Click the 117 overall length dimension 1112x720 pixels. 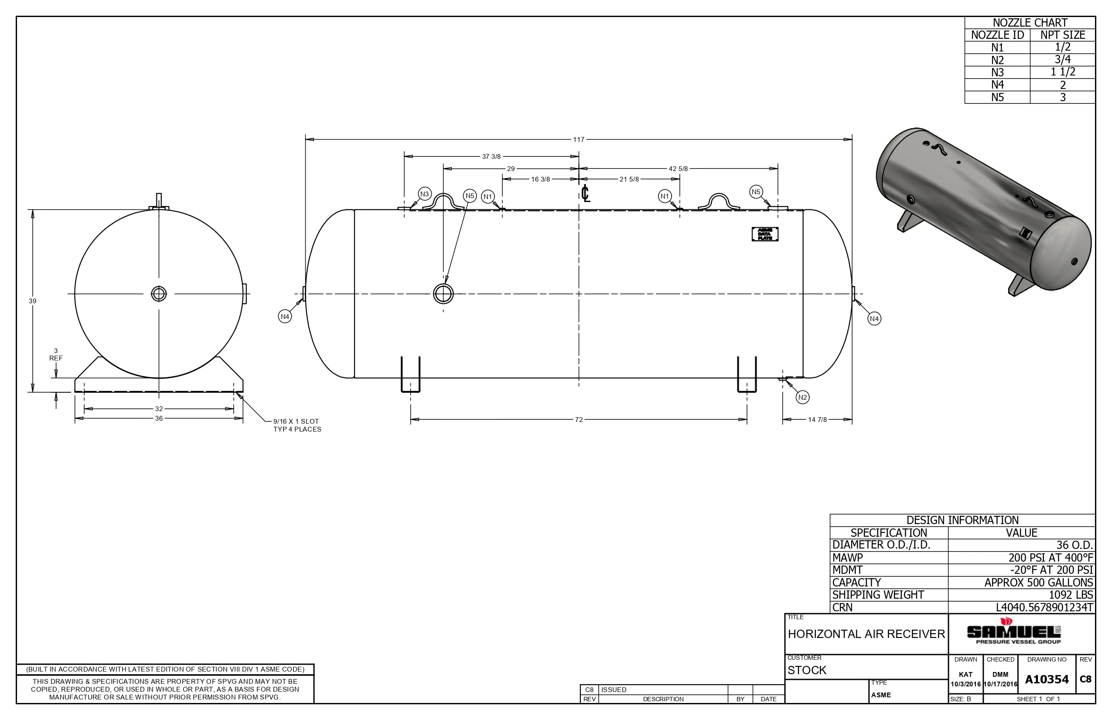[578, 139]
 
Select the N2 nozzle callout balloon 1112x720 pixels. [802, 398]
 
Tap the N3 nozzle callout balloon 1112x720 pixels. [424, 194]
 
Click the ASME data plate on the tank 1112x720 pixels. [765, 234]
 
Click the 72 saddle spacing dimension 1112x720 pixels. [578, 420]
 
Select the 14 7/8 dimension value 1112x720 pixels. [817, 420]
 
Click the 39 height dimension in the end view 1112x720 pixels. [32, 301]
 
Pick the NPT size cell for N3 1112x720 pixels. [1062, 72]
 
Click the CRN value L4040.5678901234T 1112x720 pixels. [1044, 607]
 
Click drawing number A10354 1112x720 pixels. [1047, 679]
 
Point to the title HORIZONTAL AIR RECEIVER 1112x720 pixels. [866, 634]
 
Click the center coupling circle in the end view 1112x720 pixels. [159, 294]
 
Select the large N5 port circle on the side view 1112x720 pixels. [443, 294]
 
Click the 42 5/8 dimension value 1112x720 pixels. [678, 169]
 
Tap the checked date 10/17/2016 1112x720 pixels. [1000, 684]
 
